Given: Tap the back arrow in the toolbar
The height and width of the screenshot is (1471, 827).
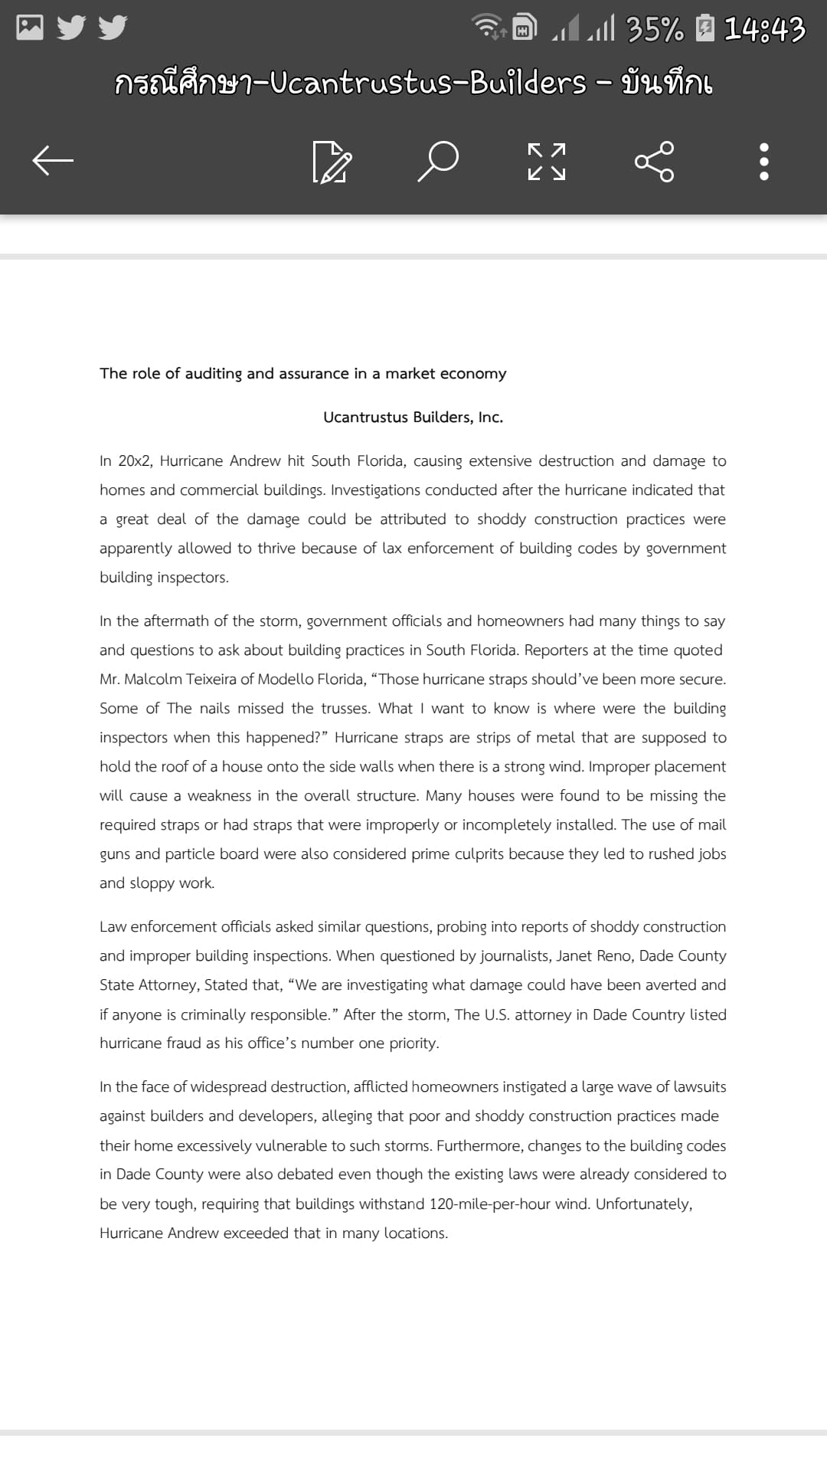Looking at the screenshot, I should click(x=53, y=160).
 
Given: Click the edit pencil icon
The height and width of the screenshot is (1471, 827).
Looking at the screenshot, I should click(x=332, y=161).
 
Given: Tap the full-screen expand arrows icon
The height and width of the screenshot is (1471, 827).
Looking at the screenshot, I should click(x=547, y=161).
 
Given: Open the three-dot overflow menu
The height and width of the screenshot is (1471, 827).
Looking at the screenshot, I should click(x=763, y=161).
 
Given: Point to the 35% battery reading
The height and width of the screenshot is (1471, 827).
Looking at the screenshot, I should click(x=655, y=30).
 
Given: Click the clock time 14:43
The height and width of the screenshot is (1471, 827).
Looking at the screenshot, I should click(x=764, y=30).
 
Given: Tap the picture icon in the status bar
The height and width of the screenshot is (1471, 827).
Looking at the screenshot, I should click(x=30, y=28).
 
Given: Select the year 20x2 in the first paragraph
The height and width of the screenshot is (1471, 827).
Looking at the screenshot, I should click(x=135, y=461).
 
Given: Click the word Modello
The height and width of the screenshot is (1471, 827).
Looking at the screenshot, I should click(x=285, y=680).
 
